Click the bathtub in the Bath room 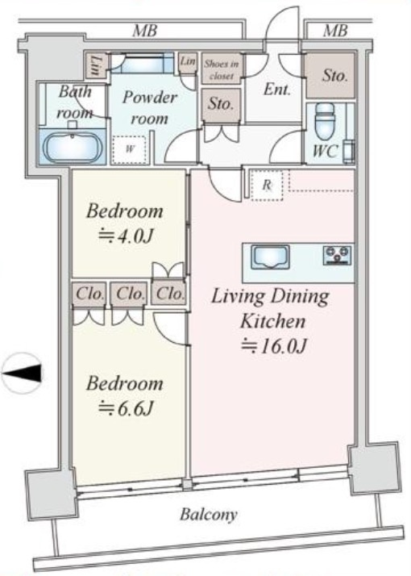point(72,146)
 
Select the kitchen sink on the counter point(271,257)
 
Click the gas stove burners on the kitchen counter point(338,255)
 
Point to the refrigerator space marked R point(267,185)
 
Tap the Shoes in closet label point(222,69)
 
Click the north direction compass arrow point(23,374)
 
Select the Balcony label point(209,515)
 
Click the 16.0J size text point(274,345)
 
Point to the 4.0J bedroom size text point(126,236)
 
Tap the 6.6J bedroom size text point(126,407)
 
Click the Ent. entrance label point(277,90)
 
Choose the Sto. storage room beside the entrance point(330,75)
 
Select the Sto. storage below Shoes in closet point(221,105)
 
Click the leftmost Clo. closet point(89,294)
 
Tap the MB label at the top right point(335,31)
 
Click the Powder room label point(149,107)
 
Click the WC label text point(326,151)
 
